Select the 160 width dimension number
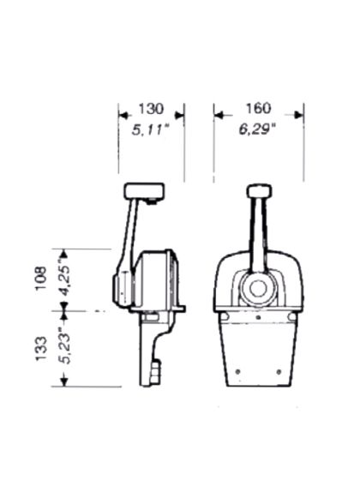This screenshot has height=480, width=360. tap(257, 109)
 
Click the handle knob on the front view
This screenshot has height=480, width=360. tap(259, 191)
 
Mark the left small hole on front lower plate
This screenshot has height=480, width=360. tap(237, 372)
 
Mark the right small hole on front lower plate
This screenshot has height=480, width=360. tap(279, 372)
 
